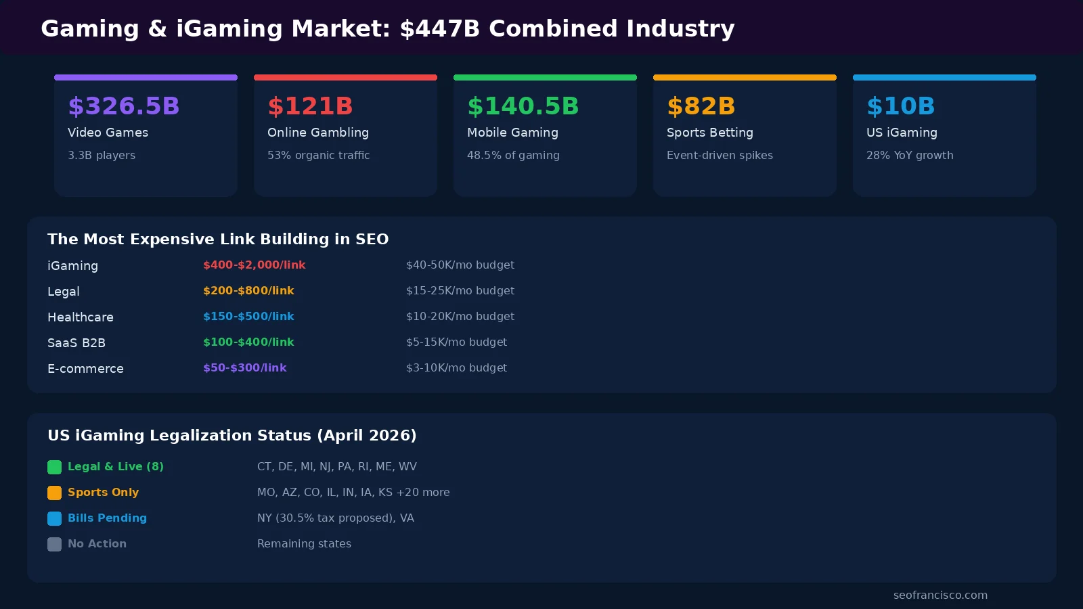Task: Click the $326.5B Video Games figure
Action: tap(124, 106)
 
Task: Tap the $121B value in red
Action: tap(310, 106)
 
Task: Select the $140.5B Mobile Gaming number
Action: tap(523, 106)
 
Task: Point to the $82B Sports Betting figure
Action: tap(701, 106)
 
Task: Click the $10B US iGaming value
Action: tap(900, 106)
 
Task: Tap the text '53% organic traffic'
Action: tap(318, 155)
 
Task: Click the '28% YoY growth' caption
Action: tap(910, 155)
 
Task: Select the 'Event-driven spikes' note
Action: tap(720, 155)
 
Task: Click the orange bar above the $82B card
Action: tap(745, 77)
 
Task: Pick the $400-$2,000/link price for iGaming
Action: tap(254, 265)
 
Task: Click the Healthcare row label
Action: tap(81, 317)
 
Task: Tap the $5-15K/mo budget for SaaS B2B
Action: tap(456, 342)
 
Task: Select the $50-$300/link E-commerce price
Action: tap(244, 368)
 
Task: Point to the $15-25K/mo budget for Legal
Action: tap(460, 291)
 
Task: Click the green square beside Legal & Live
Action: tap(54, 467)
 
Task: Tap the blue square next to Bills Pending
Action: tap(54, 518)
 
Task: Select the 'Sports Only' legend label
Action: tap(103, 493)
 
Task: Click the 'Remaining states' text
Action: tap(304, 544)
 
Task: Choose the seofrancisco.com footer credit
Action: tap(940, 595)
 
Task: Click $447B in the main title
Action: tap(439, 28)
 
